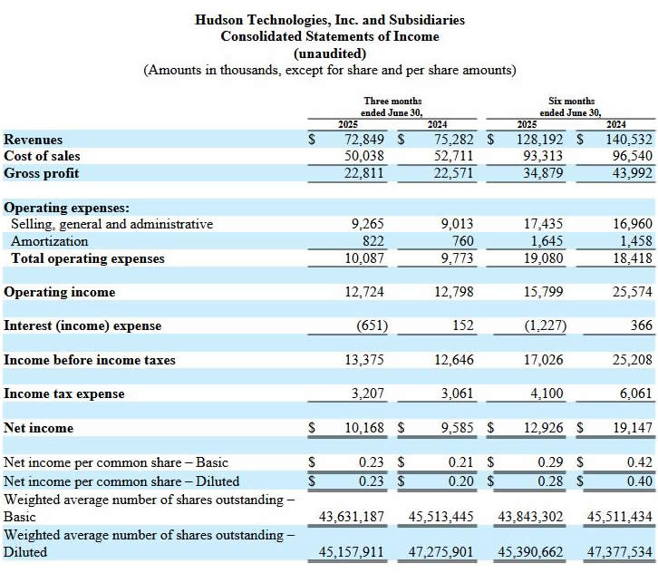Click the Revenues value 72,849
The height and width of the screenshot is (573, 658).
(364, 140)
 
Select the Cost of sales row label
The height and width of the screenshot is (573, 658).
(42, 156)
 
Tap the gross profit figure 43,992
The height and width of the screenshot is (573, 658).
(633, 173)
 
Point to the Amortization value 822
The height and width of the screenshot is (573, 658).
(373, 241)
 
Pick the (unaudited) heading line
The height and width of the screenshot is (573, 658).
(330, 53)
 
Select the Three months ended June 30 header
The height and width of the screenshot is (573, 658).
(392, 107)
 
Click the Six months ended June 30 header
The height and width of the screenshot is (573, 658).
(571, 107)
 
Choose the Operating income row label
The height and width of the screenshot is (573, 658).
(60, 292)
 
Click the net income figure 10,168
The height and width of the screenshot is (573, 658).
(364, 428)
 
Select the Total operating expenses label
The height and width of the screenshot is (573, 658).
(88, 258)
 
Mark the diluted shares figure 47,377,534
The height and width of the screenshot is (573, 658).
(620, 551)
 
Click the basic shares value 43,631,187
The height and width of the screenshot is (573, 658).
(352, 516)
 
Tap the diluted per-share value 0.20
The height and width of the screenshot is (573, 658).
(460, 481)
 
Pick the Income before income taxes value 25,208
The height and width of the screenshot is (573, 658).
(633, 360)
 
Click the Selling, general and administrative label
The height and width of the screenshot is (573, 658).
(112, 224)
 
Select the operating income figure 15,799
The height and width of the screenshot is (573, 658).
(543, 292)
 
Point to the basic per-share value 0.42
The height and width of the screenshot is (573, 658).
(640, 462)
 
